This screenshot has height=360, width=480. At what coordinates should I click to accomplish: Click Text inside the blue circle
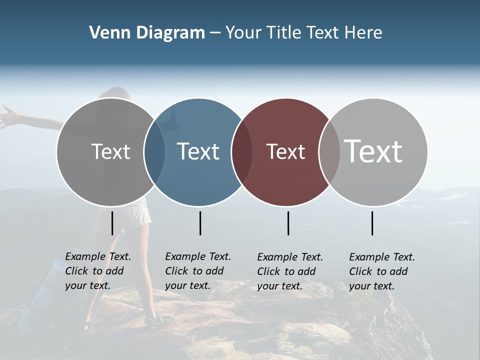(x=198, y=151)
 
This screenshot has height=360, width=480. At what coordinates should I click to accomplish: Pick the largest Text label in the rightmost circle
(x=373, y=151)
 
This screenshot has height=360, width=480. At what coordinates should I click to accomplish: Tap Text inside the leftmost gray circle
(x=110, y=151)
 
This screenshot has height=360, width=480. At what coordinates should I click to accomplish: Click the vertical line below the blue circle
(x=200, y=223)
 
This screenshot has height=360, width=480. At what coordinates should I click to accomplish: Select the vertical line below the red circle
(x=288, y=223)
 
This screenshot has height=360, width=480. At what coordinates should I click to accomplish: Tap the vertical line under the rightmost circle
(x=372, y=223)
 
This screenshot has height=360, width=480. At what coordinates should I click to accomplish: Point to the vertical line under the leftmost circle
(x=112, y=223)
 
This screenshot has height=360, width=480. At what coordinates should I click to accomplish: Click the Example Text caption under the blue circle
(x=197, y=271)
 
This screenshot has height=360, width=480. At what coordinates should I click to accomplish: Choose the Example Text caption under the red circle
(x=289, y=271)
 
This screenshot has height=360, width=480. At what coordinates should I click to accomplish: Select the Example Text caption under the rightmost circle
(x=381, y=271)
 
